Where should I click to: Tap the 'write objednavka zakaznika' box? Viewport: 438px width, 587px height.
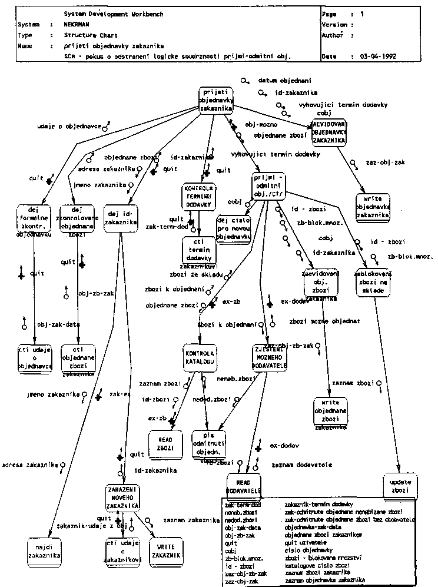(373, 207)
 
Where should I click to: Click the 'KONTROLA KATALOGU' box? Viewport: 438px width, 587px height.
(200, 355)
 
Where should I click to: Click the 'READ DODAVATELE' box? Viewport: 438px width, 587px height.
(244, 486)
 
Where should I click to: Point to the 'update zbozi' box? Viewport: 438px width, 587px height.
(400, 486)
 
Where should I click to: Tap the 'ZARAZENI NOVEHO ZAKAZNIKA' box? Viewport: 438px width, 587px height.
(122, 498)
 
